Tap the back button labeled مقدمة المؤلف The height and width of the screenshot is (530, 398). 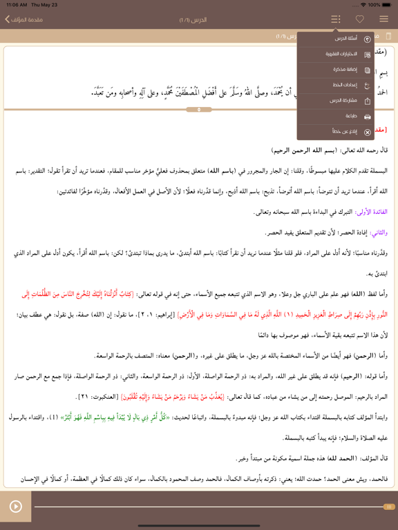pyautogui.click(x=25, y=19)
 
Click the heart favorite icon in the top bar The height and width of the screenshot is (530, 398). pyautogui.click(x=359, y=19)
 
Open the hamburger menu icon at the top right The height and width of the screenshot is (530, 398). pyautogui.click(x=383, y=19)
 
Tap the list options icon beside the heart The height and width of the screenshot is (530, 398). pyautogui.click(x=336, y=19)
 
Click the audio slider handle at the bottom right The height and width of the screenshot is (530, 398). pyautogui.click(x=389, y=507)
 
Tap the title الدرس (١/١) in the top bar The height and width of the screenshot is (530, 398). pyautogui.click(x=193, y=19)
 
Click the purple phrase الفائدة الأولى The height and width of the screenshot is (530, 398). pyautogui.click(x=373, y=212)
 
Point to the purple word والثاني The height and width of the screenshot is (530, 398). pyautogui.click(x=378, y=233)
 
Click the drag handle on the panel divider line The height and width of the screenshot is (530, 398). pyautogui.click(x=199, y=109)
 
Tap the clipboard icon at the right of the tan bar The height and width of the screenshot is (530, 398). pyautogui.click(x=388, y=37)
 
